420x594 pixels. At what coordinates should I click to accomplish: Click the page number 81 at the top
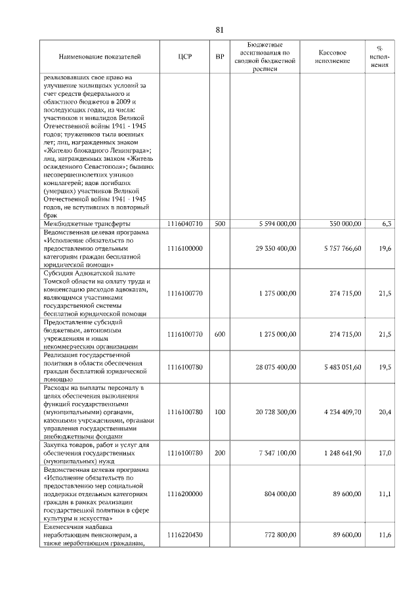click(x=220, y=29)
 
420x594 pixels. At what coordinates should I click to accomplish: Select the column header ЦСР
click(x=184, y=57)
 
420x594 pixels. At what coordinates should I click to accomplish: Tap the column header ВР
click(x=219, y=57)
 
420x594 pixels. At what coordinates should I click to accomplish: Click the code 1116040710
click(x=184, y=224)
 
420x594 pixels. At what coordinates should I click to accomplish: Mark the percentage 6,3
click(x=387, y=224)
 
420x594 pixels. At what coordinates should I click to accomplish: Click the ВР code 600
click(x=220, y=334)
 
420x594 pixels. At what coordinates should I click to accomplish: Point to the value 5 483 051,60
click(x=338, y=367)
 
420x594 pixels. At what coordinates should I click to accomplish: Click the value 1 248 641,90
click(x=338, y=453)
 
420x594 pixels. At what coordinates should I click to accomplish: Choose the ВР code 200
click(x=220, y=453)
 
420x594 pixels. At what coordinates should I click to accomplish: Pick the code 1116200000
click(x=184, y=494)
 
